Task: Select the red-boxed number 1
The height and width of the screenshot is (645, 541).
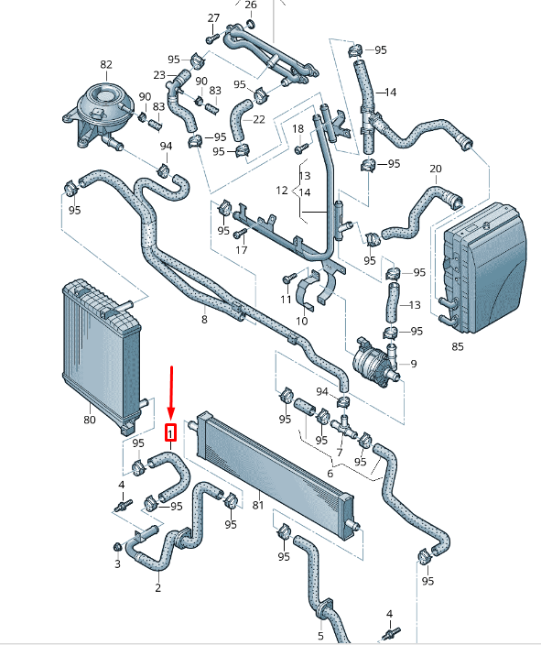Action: (x=170, y=432)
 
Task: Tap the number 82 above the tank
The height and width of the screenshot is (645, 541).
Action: (x=106, y=64)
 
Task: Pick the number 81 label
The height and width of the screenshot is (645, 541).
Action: (x=257, y=505)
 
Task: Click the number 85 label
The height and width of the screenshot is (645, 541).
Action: (x=457, y=347)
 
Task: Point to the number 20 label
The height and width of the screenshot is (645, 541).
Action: (x=436, y=169)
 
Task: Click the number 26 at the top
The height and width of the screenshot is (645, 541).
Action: (x=251, y=4)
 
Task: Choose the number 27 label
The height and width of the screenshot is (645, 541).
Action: (x=213, y=18)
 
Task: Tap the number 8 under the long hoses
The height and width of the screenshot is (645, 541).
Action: (x=204, y=320)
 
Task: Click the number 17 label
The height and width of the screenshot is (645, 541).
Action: (x=242, y=249)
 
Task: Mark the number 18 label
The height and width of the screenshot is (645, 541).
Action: (x=298, y=129)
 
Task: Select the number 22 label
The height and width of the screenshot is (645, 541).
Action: (x=258, y=119)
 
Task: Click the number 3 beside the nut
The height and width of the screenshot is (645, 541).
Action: (x=117, y=564)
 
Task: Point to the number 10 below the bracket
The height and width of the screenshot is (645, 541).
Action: (x=302, y=321)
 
